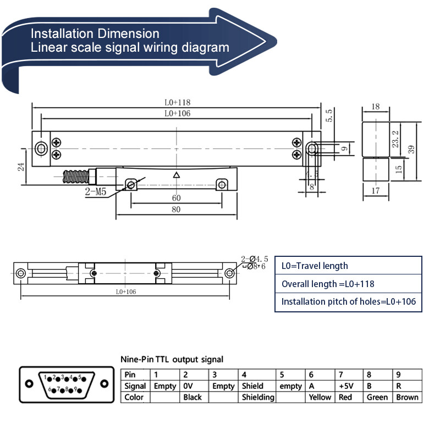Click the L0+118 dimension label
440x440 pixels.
[x=177, y=102]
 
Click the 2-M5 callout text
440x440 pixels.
[x=96, y=192]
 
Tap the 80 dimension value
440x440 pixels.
[x=177, y=210]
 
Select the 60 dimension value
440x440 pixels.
[x=177, y=198]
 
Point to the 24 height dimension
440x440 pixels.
[x=21, y=167]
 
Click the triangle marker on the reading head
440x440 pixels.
[x=177, y=175]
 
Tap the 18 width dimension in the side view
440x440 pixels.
[x=376, y=107]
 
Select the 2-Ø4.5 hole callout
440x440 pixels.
[x=255, y=258]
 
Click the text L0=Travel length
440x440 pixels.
[x=315, y=266]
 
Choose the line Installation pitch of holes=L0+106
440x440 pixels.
[x=348, y=301]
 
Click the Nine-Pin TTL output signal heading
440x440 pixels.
[x=172, y=359]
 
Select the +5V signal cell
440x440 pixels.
[x=345, y=386]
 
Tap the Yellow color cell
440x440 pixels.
[x=320, y=397]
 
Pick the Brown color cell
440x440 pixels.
[x=407, y=397]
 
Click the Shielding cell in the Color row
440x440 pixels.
[x=258, y=397]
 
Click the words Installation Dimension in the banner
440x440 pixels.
[x=95, y=34]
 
